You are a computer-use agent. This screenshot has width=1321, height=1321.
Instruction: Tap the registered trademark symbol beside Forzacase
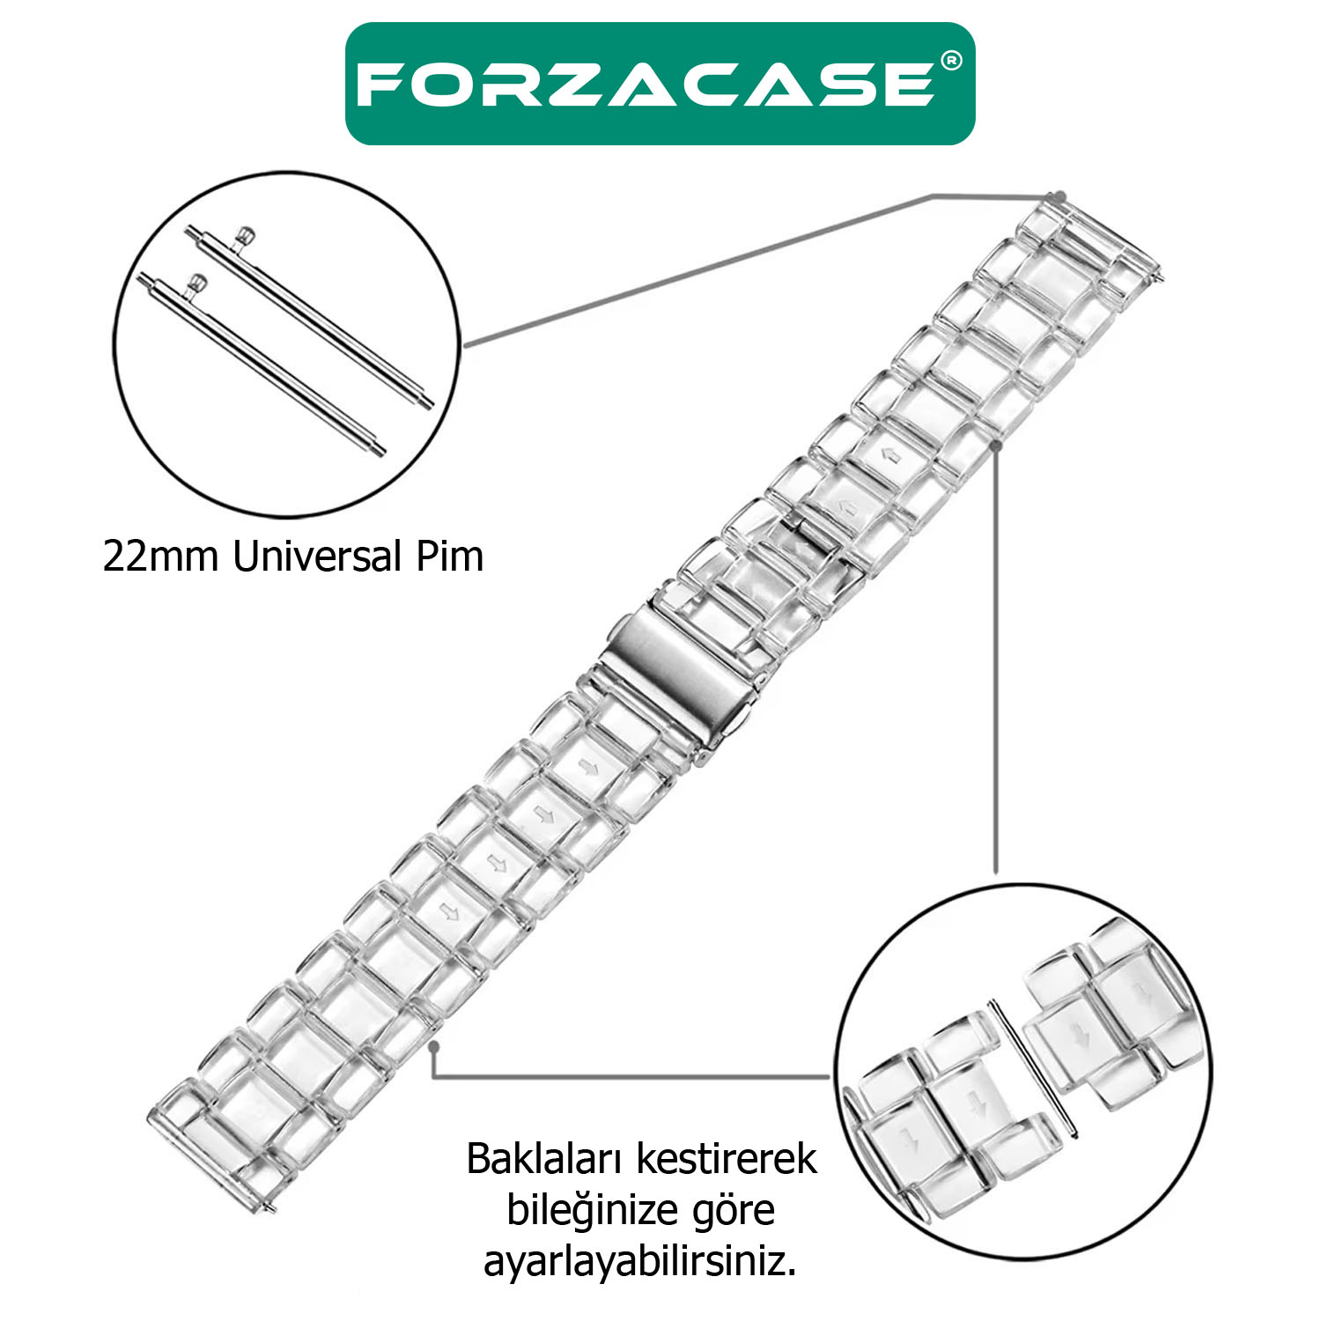coord(951,61)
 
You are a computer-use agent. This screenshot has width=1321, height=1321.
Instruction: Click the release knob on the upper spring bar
coord(246,234)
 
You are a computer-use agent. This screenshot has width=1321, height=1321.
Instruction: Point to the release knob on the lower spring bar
coord(197,284)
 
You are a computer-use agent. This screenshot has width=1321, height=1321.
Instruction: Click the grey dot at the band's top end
coord(1060,196)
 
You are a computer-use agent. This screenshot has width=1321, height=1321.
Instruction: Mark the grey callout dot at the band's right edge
coord(996,446)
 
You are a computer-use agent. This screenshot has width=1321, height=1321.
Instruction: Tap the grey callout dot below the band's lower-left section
coord(433,1046)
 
